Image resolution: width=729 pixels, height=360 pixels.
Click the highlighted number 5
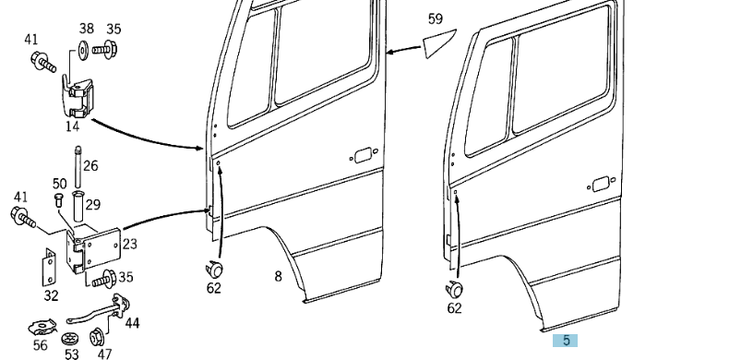click(565, 341)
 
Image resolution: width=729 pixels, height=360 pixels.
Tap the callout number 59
click(436, 18)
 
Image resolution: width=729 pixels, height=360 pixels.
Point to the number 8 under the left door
click(278, 276)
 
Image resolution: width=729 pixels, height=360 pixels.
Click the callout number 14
click(72, 126)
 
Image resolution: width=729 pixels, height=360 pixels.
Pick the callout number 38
click(86, 29)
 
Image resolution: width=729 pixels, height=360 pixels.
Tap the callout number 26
click(90, 166)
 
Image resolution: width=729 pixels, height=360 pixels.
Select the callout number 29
click(92, 204)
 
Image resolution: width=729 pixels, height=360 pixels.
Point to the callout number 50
click(59, 184)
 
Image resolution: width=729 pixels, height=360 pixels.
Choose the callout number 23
click(129, 245)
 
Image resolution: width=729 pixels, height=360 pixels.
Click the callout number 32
click(51, 296)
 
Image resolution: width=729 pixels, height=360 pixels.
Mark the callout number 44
click(133, 323)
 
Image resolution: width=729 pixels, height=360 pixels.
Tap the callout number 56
click(41, 346)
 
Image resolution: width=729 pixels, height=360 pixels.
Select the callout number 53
click(72, 354)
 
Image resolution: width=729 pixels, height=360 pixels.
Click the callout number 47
click(104, 354)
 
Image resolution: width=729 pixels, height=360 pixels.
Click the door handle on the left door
click(362, 154)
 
